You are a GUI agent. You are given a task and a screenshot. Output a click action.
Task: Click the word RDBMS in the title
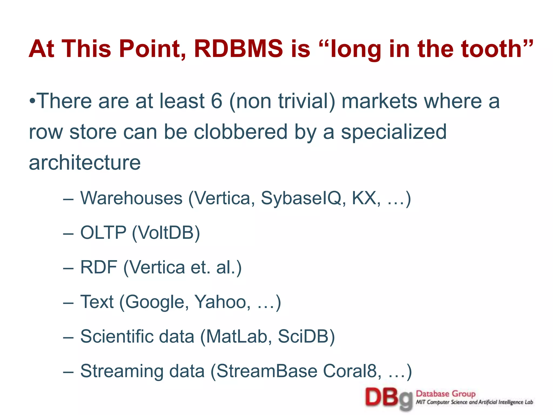coord(238,49)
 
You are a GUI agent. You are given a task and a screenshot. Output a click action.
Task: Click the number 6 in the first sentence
coord(216,101)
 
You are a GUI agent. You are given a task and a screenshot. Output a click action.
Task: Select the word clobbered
coord(241,132)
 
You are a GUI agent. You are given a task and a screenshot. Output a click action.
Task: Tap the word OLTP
coord(103,233)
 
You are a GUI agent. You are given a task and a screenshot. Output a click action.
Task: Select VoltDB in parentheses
coord(166,233)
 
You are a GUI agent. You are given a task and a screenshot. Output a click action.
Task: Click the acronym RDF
coord(99,267)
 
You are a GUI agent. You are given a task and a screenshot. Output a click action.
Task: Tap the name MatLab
coord(237,336)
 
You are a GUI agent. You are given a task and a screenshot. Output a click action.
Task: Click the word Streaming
coord(122,371)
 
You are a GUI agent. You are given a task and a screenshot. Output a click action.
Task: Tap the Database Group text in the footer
coord(446,394)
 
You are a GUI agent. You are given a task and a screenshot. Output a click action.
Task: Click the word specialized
coord(393,132)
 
